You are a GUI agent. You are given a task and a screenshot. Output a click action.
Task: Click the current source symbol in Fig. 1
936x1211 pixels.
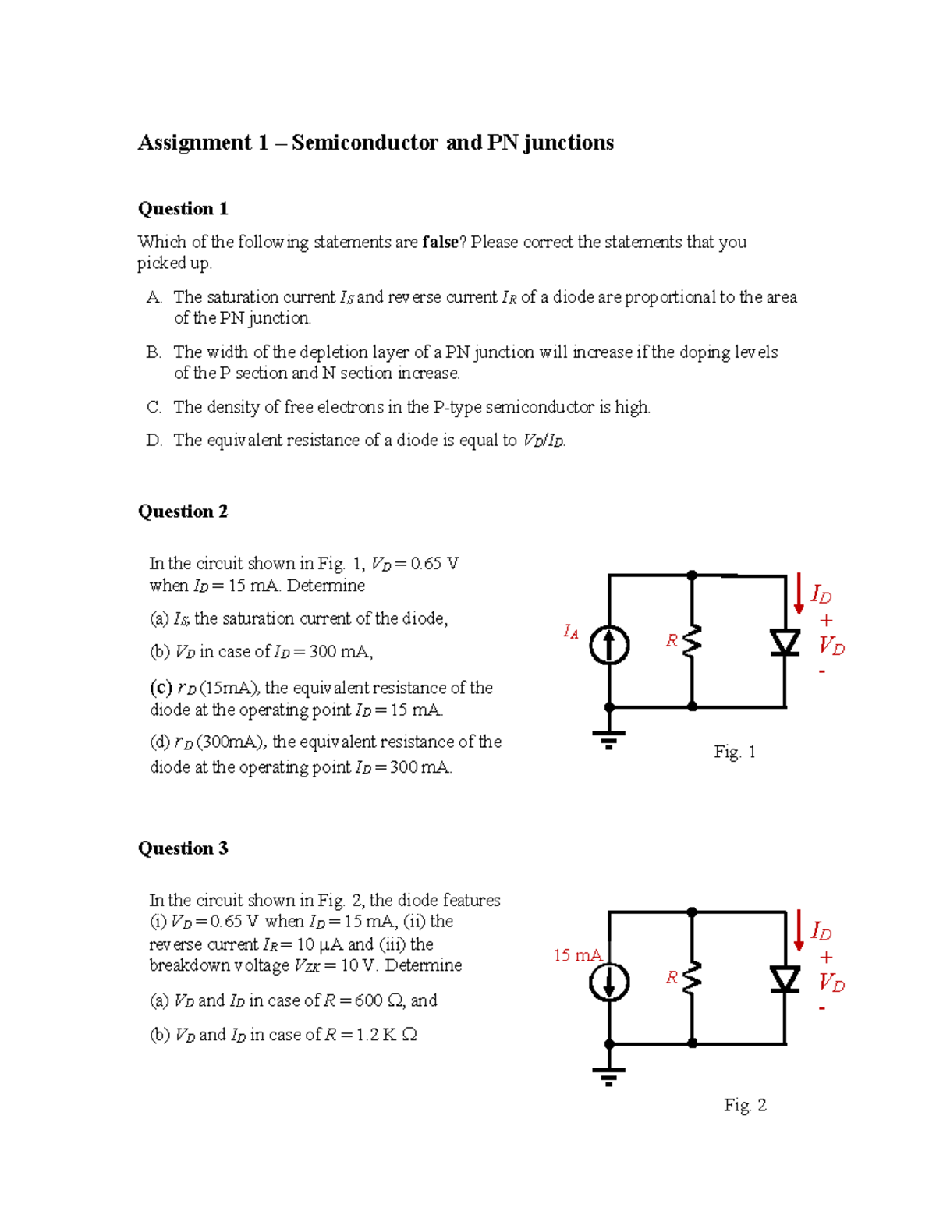point(609,646)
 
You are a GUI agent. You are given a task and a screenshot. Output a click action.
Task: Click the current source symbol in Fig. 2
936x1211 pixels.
point(609,982)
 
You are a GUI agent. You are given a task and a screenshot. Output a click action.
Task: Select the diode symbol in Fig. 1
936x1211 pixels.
point(785,643)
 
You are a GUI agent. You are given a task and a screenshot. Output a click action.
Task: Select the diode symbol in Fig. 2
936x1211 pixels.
point(785,979)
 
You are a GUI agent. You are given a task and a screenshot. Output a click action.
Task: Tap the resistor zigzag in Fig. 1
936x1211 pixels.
point(693,641)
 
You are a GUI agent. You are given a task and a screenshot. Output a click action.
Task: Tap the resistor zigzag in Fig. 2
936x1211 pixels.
point(693,978)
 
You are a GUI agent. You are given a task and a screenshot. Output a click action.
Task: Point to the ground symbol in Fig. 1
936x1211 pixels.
point(609,738)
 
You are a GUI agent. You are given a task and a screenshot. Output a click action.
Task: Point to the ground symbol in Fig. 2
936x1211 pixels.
point(609,1075)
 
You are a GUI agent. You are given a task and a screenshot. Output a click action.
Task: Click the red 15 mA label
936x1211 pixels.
point(577,955)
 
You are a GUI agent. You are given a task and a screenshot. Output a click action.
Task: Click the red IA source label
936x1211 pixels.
point(571,632)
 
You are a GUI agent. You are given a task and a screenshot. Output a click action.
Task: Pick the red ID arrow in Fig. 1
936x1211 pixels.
point(799,594)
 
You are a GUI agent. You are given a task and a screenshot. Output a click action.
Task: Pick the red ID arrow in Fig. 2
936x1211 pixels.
point(799,931)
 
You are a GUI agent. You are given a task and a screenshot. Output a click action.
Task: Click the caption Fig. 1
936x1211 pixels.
point(735,752)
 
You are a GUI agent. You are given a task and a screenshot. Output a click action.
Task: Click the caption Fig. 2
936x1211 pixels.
point(745,1105)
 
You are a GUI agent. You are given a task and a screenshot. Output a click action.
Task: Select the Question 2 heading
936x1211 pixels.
point(183,512)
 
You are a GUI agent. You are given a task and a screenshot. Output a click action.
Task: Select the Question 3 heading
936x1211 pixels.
point(183,848)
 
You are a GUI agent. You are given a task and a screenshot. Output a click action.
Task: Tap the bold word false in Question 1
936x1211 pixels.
point(440,243)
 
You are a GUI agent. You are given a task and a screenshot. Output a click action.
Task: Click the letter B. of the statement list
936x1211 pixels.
point(154,352)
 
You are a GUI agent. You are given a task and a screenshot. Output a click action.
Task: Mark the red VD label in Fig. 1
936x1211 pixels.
point(831,646)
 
